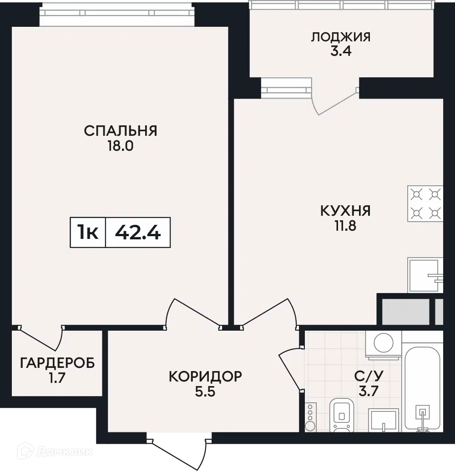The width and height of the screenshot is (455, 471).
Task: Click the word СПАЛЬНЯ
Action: (x=121, y=131)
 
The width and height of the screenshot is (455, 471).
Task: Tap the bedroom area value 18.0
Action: (x=121, y=146)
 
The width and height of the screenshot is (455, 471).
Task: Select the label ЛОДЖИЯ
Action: (x=341, y=37)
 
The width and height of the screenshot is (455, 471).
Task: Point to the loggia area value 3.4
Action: (x=341, y=51)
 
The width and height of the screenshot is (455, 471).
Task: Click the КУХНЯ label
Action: (x=345, y=211)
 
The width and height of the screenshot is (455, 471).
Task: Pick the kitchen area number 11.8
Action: (x=345, y=226)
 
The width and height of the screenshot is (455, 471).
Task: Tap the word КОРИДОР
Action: (x=205, y=377)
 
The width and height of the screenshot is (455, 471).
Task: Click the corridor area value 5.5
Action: (x=205, y=392)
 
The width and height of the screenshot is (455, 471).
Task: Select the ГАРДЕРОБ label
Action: (x=57, y=363)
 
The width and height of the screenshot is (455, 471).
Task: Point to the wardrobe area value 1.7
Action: (x=57, y=378)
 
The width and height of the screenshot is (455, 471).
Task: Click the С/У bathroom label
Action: (x=369, y=376)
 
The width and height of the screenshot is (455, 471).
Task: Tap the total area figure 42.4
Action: (x=138, y=233)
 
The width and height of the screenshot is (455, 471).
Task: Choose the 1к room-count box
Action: (x=88, y=233)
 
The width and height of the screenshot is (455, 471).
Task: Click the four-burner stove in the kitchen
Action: (x=425, y=203)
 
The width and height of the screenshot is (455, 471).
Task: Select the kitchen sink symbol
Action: (x=425, y=275)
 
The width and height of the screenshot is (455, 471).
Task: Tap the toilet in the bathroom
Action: (x=342, y=415)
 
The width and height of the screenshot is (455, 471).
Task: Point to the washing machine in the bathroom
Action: (x=384, y=345)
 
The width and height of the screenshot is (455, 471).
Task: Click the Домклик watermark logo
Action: (x=55, y=451)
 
